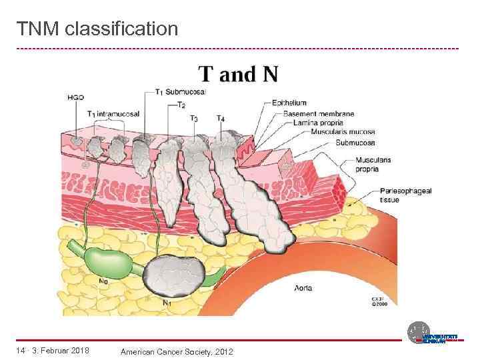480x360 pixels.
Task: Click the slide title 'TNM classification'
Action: pyautogui.click(x=97, y=29)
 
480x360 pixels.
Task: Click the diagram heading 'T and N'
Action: pyautogui.click(x=238, y=73)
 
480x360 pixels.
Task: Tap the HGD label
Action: pyautogui.click(x=75, y=98)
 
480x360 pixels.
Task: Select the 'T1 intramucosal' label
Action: pyautogui.click(x=113, y=113)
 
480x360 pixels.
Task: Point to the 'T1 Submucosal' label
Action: pyautogui.click(x=181, y=92)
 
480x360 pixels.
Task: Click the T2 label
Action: pyautogui.click(x=181, y=105)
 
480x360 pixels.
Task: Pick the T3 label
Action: pyautogui.click(x=193, y=118)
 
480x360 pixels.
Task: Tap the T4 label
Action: pyautogui.click(x=221, y=118)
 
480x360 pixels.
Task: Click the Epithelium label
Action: pyautogui.click(x=289, y=103)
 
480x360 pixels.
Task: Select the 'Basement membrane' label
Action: pyautogui.click(x=318, y=113)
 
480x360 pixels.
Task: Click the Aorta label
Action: pyautogui.click(x=302, y=288)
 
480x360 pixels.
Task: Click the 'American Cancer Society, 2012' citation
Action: pyautogui.click(x=176, y=351)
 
